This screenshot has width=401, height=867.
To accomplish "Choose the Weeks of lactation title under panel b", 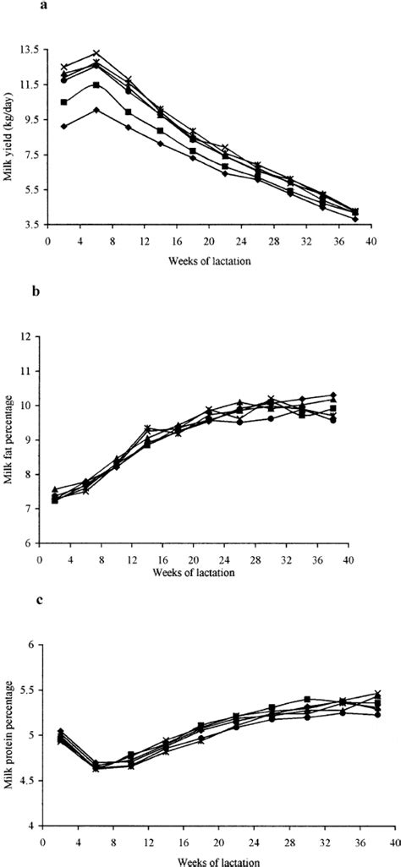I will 193,572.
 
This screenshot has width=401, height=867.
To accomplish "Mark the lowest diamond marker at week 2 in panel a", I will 63,126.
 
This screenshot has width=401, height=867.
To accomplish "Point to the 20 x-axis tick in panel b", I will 194,558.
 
